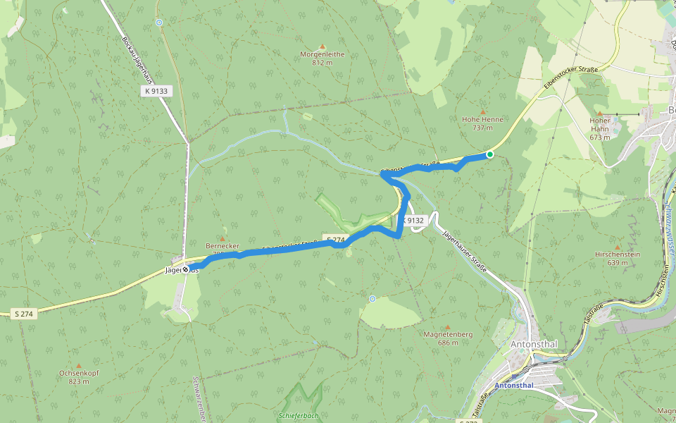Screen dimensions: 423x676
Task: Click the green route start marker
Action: pos(490,154)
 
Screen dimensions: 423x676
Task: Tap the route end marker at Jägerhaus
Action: pos(186,269)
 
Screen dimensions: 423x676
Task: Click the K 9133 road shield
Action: pos(156,91)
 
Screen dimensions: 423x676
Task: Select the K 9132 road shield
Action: pos(414,221)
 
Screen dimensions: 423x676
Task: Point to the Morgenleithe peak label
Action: pos(322,54)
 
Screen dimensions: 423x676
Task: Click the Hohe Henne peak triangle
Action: pos(483,111)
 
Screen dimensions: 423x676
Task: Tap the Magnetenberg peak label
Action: pos(447,334)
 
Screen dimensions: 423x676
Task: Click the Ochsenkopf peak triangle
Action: pos(78,365)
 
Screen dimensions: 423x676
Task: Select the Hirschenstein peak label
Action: pos(617,254)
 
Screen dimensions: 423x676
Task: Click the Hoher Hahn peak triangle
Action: pos(600,113)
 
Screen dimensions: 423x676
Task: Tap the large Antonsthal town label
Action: pos(532,344)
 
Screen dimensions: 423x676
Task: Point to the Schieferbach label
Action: pos(299,415)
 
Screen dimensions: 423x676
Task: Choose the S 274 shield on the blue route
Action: pos(334,240)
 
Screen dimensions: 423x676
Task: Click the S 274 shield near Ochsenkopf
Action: pos(25,313)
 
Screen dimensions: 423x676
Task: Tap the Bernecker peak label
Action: pos(223,246)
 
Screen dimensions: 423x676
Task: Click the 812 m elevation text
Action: pos(322,62)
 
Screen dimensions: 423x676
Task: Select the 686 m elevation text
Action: pos(447,343)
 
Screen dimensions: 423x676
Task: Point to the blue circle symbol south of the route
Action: pos(372,299)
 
